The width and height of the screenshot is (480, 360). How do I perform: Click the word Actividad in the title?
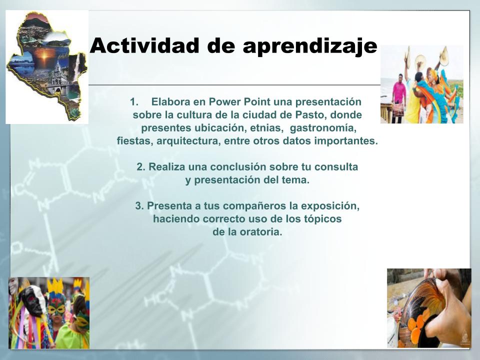[x=144, y=45]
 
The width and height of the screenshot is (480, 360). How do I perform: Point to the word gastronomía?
[x=323, y=128]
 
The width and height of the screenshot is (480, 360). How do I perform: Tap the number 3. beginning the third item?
[x=139, y=205]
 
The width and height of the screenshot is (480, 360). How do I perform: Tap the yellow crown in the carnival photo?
[x=55, y=286]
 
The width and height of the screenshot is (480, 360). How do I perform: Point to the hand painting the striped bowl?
[x=450, y=309]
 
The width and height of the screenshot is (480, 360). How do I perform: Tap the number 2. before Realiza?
[x=141, y=167]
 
